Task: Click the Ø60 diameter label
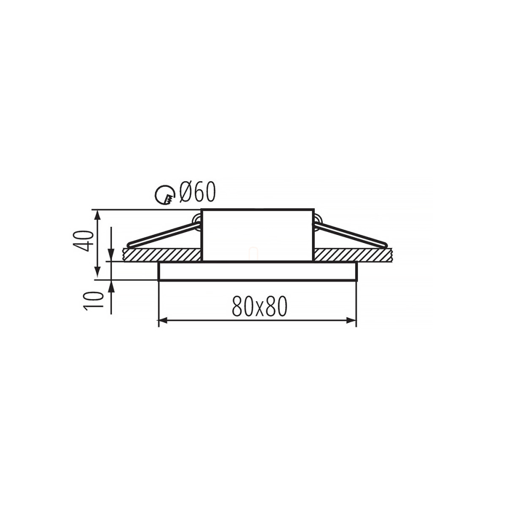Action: tap(197, 192)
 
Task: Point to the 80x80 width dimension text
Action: tap(260, 306)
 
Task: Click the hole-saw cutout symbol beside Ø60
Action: tap(165, 195)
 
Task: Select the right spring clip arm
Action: tap(350, 233)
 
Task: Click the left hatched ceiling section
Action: tap(162, 255)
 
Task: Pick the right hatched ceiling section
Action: tap(353, 255)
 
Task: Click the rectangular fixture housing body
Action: tap(258, 235)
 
